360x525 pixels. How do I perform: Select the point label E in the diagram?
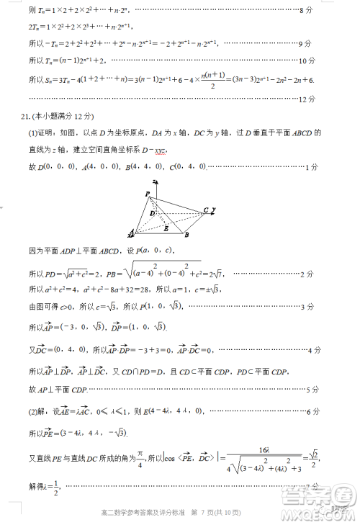click(x=166, y=228)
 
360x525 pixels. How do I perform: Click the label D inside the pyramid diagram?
click(x=152, y=213)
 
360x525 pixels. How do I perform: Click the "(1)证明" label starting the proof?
click(x=42, y=133)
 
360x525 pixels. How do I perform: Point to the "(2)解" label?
click(x=40, y=411)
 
